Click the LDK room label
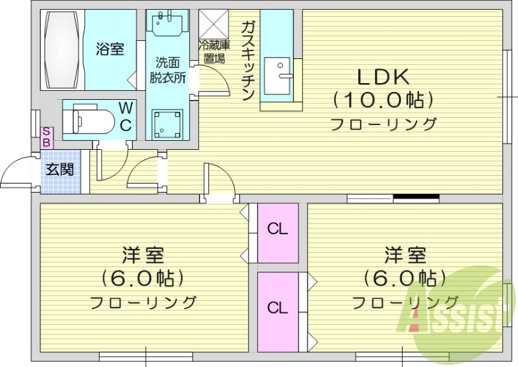(383, 77)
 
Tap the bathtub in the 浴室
(63, 51)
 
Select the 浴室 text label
(110, 49)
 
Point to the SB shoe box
(47, 137)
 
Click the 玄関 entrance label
(59, 171)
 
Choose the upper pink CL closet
(278, 230)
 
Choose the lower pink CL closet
(278, 308)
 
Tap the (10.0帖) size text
(383, 101)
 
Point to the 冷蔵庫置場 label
(213, 51)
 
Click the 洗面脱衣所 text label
(168, 70)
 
